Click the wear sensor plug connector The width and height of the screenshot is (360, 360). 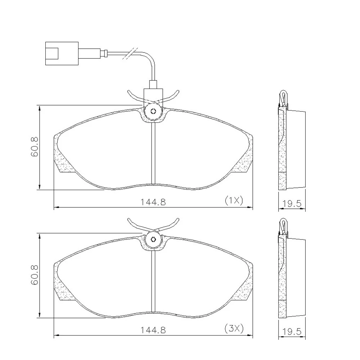click(62, 53)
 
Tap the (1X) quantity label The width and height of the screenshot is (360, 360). click(234, 201)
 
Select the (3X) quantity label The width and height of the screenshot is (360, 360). click(234, 329)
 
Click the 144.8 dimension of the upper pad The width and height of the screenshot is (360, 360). click(153, 202)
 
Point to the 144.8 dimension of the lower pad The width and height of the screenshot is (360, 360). click(153, 330)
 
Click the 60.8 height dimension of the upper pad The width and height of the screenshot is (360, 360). click(35, 147)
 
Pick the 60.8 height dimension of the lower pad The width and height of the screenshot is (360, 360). click(35, 275)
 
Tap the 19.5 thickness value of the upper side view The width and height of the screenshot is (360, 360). click(292, 203)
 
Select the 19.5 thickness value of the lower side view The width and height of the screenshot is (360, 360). click(292, 331)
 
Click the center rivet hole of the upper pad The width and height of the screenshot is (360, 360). click(153, 111)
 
